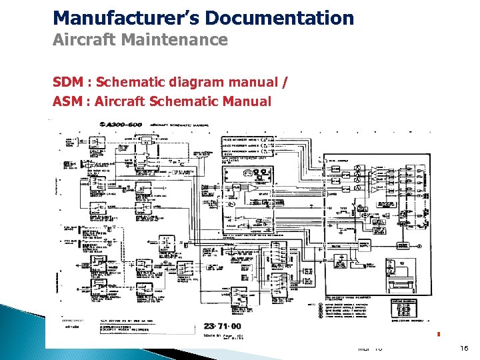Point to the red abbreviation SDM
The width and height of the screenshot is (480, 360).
coord(67,83)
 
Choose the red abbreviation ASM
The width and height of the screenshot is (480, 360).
coord(67,102)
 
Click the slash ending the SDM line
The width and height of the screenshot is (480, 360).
coord(287,83)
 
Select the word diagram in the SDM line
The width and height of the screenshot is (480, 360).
coord(191,83)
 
